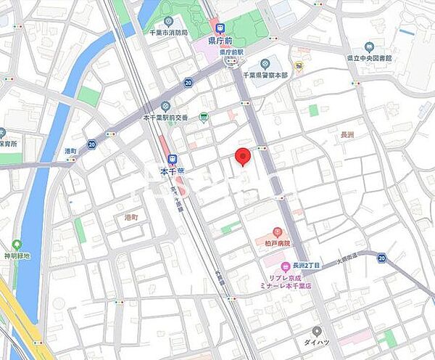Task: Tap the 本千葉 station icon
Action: [x=172, y=160]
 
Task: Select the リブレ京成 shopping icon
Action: [x=286, y=266]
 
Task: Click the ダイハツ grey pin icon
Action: [x=317, y=330]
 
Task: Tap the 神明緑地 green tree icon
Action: [x=17, y=245]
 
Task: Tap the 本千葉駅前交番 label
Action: [x=165, y=118]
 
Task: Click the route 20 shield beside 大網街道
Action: [x=381, y=258]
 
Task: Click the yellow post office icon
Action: [x=298, y=65]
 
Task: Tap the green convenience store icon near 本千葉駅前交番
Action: [x=204, y=117]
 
